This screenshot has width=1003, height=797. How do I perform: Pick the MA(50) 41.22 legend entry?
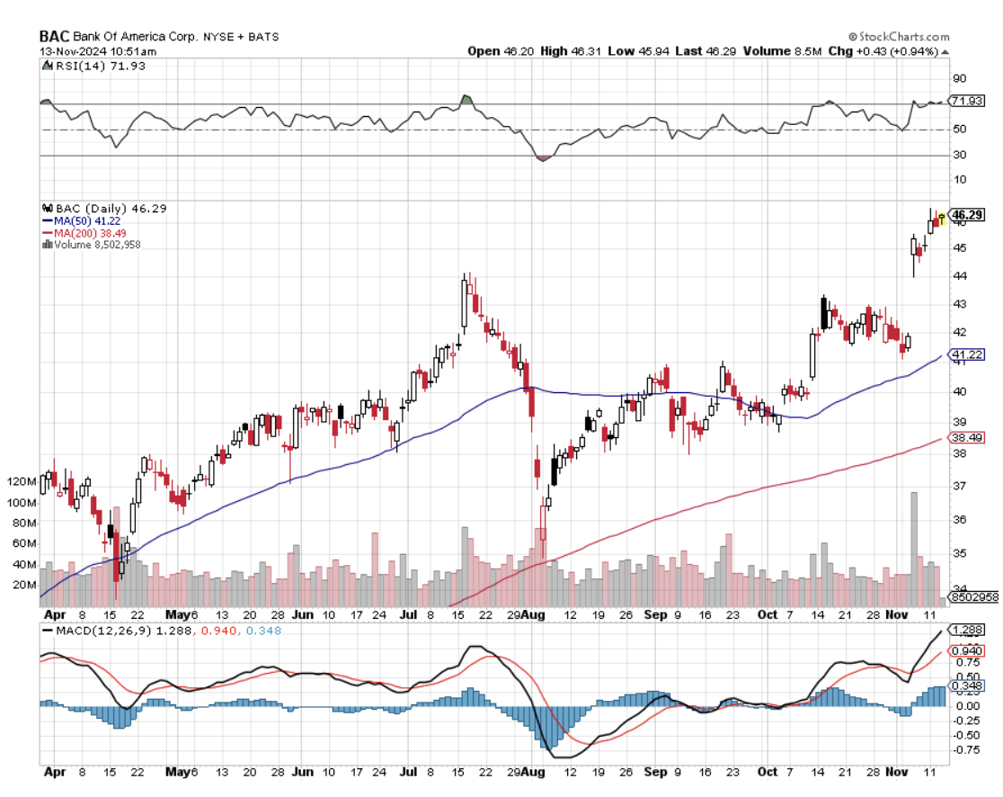pos(82,220)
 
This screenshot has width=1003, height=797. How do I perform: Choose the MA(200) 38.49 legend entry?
pos(84,233)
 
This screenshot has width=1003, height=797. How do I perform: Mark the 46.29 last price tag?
pos(967,215)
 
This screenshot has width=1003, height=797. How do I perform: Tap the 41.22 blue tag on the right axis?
pos(967,355)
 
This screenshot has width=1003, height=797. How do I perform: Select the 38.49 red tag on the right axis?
pos(967,437)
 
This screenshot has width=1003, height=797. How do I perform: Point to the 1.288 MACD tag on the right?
pos(967,630)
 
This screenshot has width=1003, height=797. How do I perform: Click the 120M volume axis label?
pos(20,482)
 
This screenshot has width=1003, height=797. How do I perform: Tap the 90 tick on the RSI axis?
pos(959,78)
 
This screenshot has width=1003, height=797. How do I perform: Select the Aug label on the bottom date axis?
pos(533,771)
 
